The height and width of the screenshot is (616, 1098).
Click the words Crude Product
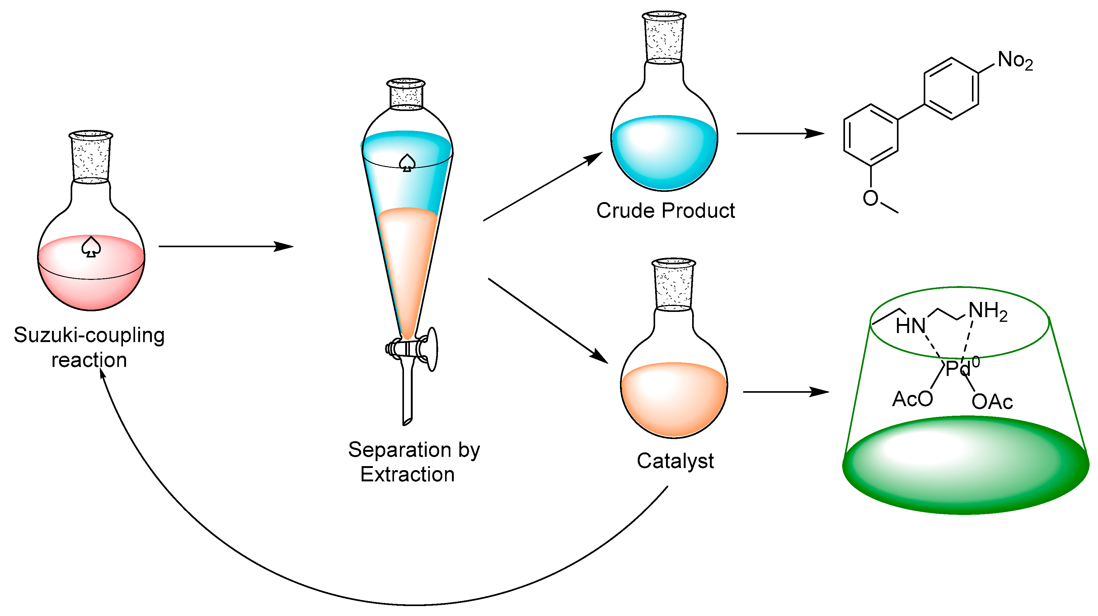pyautogui.click(x=665, y=211)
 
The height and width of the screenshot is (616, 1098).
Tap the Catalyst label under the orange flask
pyautogui.click(x=675, y=461)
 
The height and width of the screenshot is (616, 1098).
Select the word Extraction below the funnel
pyautogui.click(x=407, y=475)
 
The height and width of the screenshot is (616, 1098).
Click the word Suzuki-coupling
pyautogui.click(x=89, y=335)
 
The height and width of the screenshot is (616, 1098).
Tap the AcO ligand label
pyautogui.click(x=912, y=400)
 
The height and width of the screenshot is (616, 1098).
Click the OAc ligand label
pyautogui.click(x=992, y=402)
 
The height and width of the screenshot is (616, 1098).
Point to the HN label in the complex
pyautogui.click(x=910, y=326)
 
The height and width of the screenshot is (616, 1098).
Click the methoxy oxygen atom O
pyautogui.click(x=870, y=198)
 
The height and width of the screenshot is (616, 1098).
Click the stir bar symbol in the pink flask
pyautogui.click(x=91, y=247)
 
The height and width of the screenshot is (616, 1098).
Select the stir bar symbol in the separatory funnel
pyautogui.click(x=407, y=163)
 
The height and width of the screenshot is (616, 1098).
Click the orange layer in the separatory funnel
pyautogui.click(x=407, y=264)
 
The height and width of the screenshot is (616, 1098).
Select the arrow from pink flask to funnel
pyautogui.click(x=226, y=246)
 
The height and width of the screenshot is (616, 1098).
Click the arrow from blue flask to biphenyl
pyautogui.click(x=780, y=133)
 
